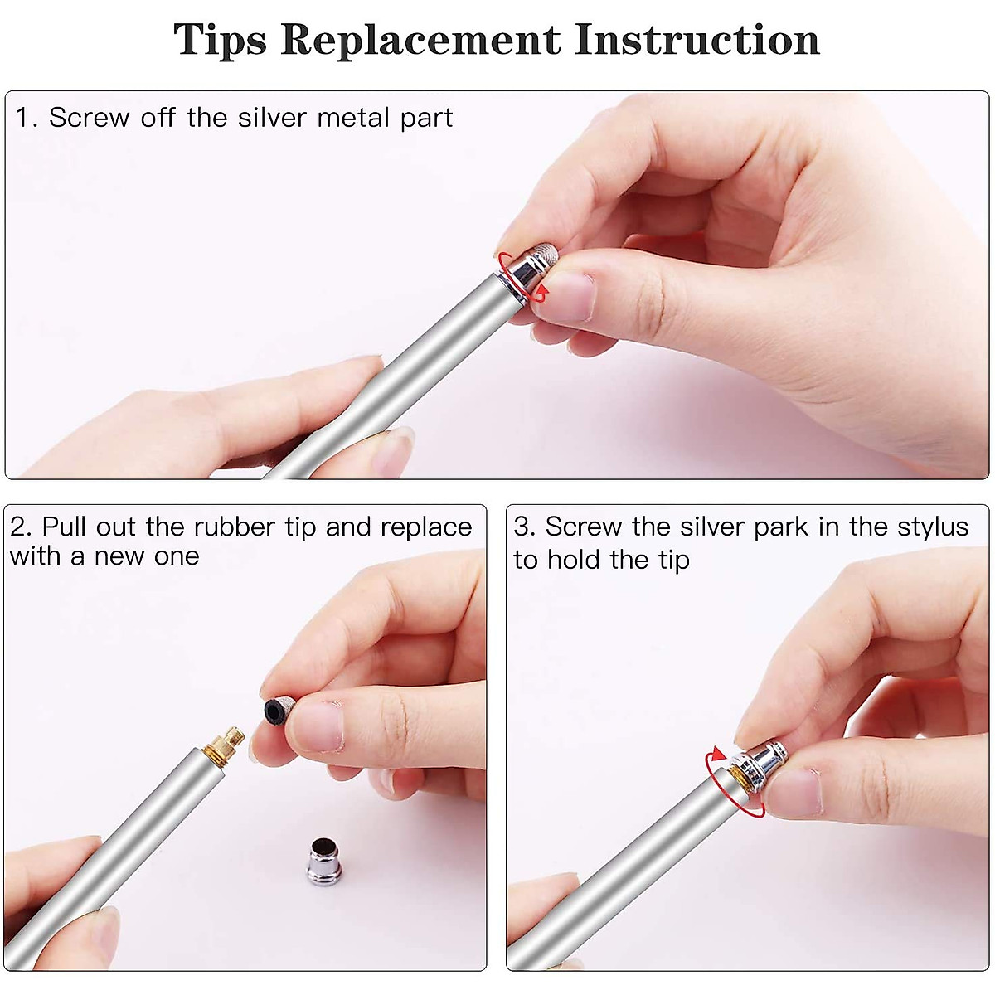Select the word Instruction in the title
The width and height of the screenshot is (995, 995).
697,40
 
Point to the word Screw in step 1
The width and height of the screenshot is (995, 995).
89,118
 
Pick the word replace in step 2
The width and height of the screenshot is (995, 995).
426,528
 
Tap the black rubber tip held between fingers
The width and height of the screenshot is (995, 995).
279,711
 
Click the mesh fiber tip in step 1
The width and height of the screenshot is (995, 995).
546,254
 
